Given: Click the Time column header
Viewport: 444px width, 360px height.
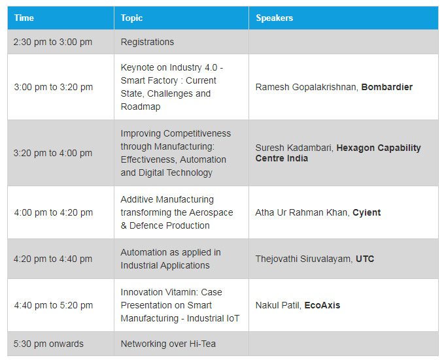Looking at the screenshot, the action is click(x=24, y=18).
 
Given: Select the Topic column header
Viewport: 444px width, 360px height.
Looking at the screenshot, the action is click(x=131, y=18).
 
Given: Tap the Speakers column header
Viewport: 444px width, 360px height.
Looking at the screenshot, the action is click(x=275, y=18).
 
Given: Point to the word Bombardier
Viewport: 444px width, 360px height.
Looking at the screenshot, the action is click(x=387, y=87).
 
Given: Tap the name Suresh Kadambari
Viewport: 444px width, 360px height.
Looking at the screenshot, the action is click(x=294, y=148).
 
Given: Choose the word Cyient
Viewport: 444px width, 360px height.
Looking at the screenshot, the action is click(x=366, y=212).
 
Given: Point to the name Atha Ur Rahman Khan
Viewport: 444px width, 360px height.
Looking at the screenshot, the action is click(x=302, y=212).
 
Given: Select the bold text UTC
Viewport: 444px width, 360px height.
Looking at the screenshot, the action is click(x=365, y=259).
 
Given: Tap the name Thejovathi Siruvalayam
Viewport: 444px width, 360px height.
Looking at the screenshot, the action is click(x=304, y=259).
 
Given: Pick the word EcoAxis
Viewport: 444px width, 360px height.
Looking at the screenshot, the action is click(x=322, y=305).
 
